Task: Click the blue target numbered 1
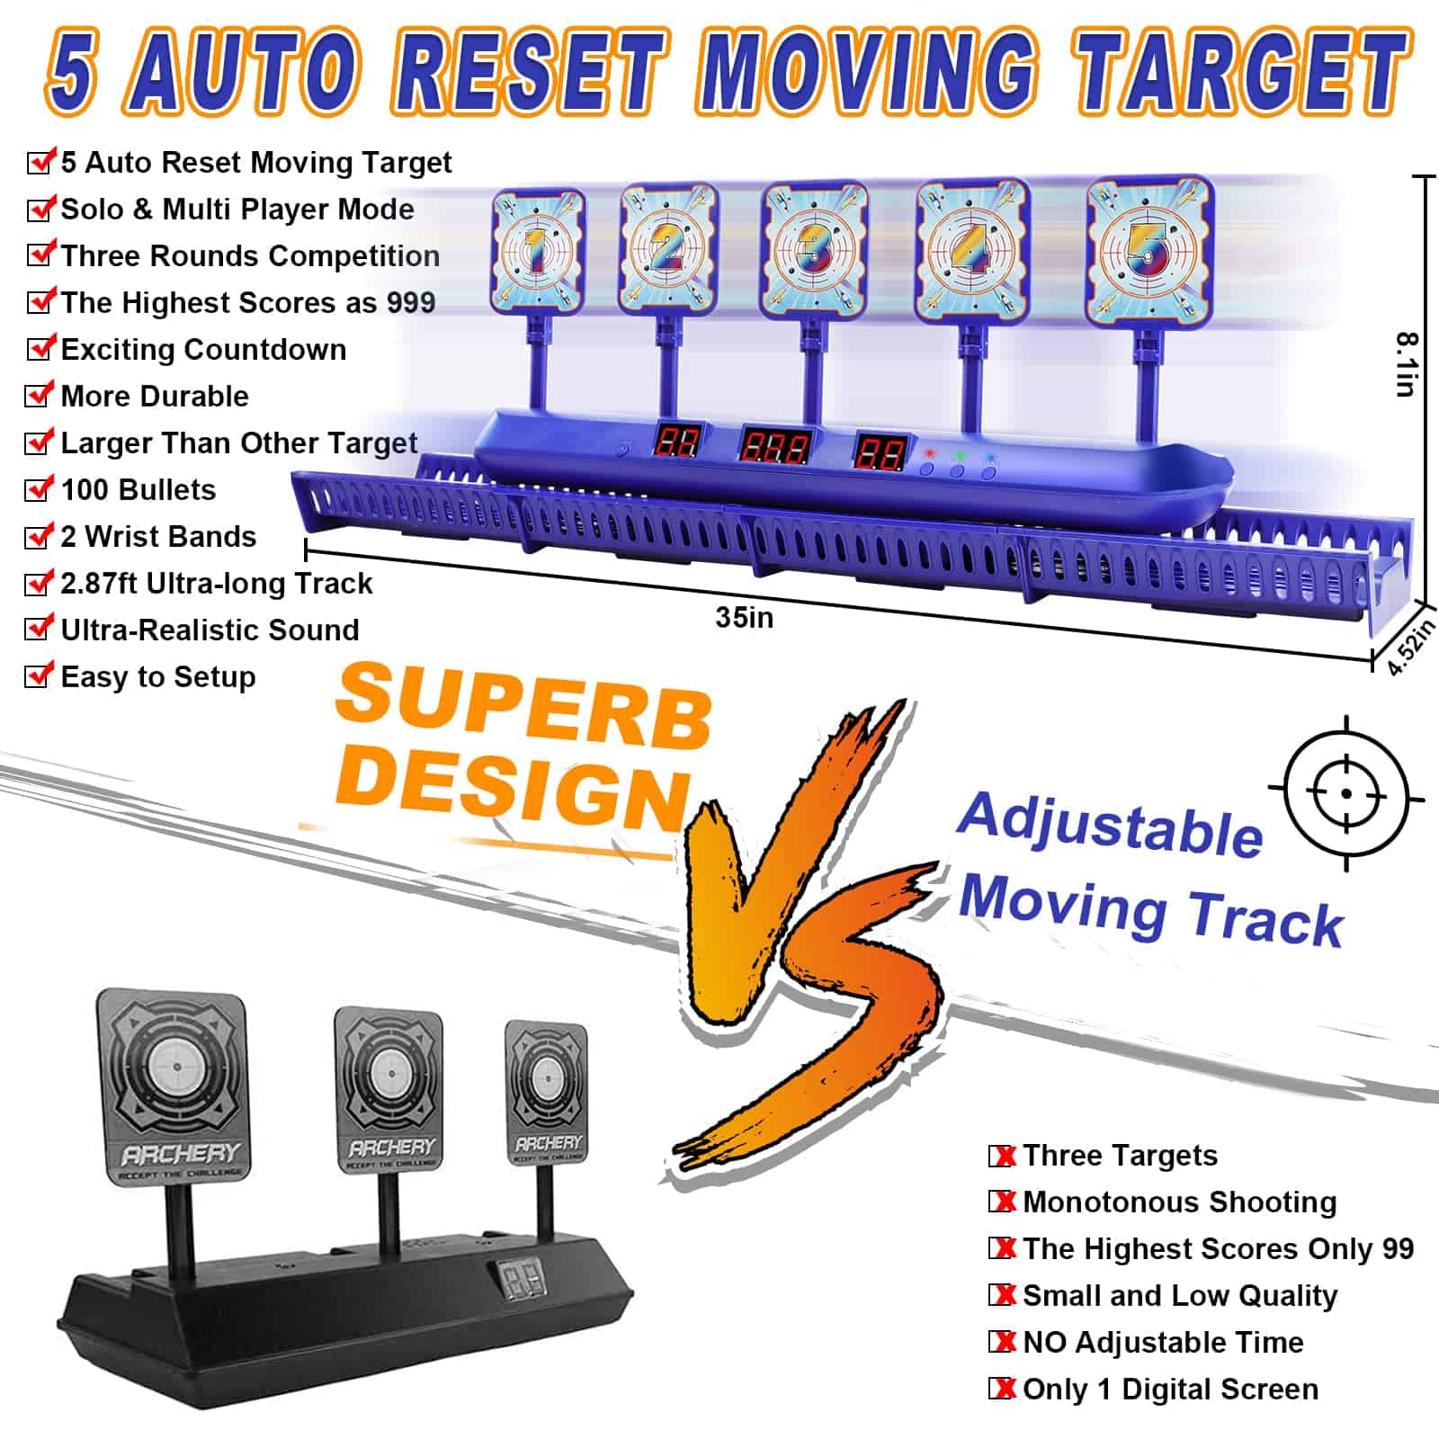(x=537, y=249)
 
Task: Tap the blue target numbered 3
(x=814, y=249)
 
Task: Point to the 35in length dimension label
(x=745, y=618)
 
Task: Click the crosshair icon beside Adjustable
(x=1345, y=793)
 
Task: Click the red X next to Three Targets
(x=1003, y=1156)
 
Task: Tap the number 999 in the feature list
(x=411, y=302)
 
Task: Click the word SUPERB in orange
(x=524, y=706)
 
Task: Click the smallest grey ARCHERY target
(x=547, y=1094)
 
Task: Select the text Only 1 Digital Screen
(x=1170, y=1390)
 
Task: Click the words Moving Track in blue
(x=1150, y=910)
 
